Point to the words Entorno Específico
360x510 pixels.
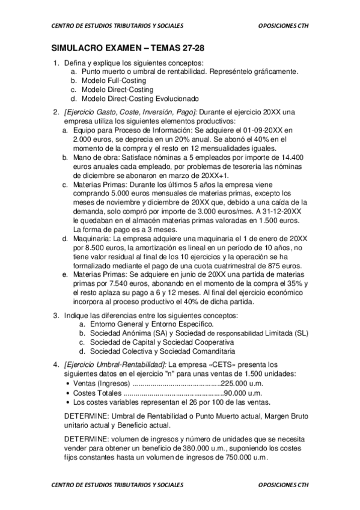184,324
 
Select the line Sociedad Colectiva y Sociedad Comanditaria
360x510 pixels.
162,351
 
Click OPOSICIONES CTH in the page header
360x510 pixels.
282,25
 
